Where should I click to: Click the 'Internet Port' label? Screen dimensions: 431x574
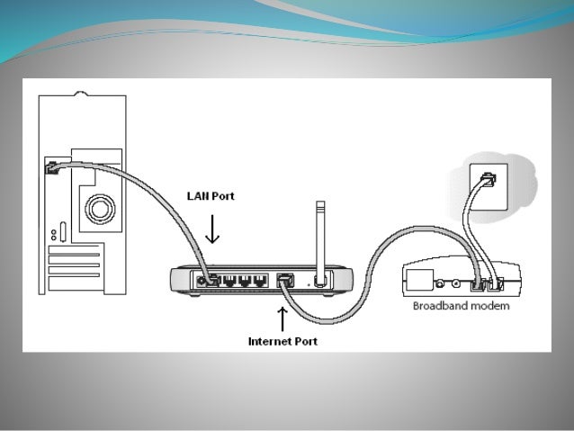tap(283, 342)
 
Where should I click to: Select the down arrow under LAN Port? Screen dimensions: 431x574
tap(212, 230)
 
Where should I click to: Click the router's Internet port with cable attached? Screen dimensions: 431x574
tap(285, 279)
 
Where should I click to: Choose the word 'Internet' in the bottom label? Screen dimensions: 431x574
tap(267, 342)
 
